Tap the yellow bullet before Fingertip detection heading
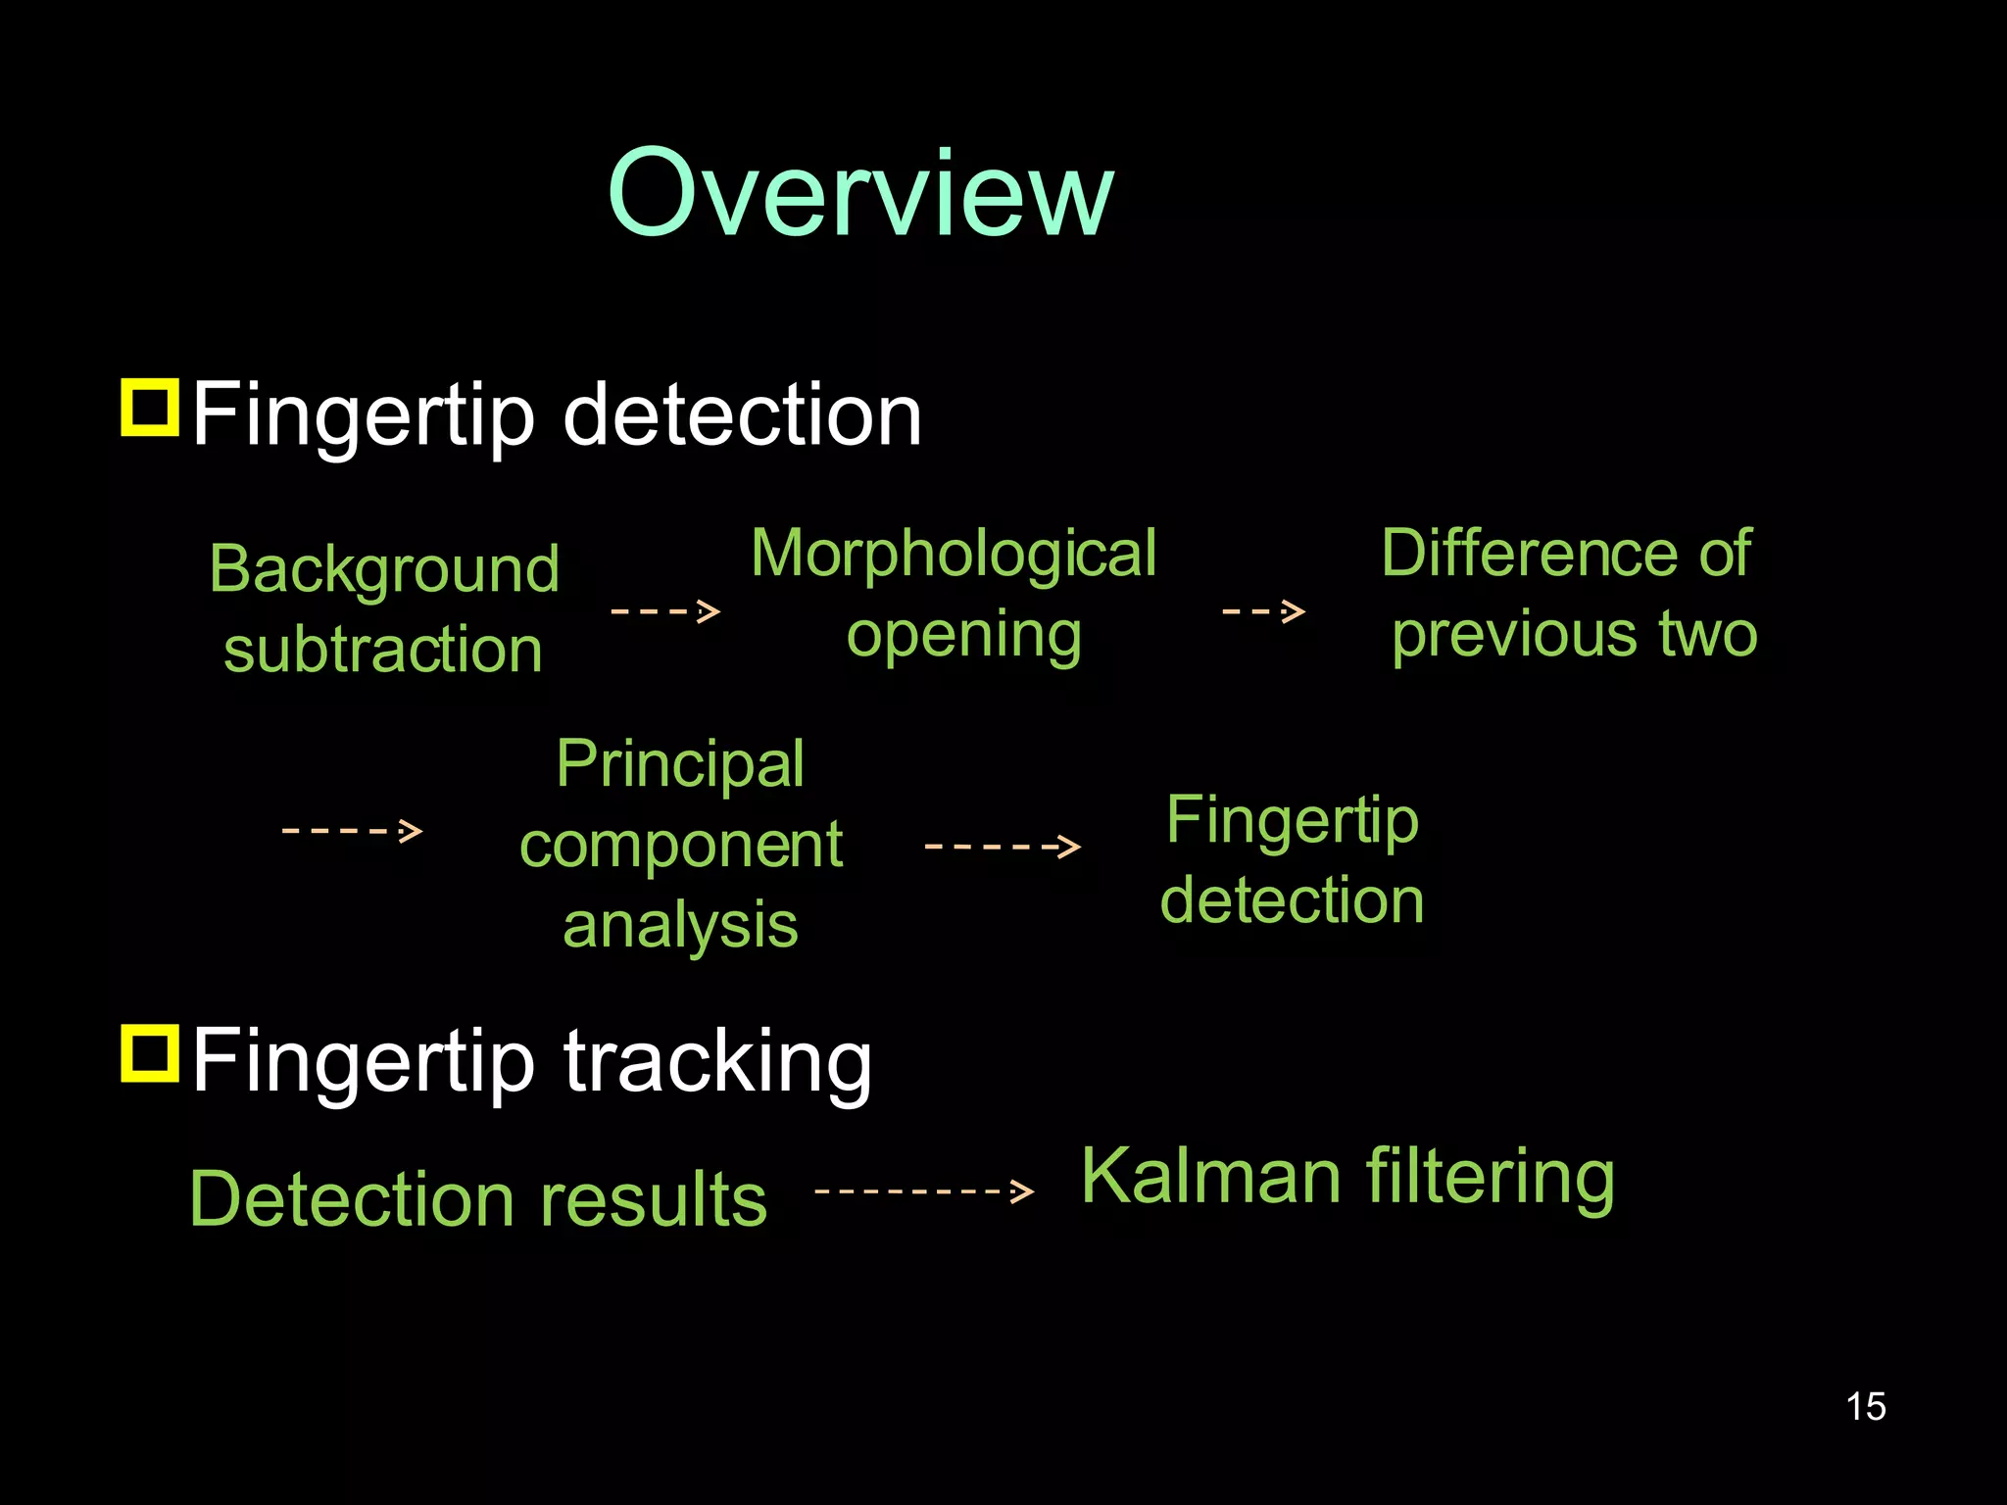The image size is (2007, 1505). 150,408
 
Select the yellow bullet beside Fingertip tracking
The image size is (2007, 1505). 150,1053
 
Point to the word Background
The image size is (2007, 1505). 384,570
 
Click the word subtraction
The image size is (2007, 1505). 383,650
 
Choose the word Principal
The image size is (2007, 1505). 680,764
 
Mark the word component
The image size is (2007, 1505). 680,845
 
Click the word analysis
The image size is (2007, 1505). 680,925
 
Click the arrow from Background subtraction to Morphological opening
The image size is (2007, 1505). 665,611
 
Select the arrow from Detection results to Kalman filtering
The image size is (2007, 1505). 924,1191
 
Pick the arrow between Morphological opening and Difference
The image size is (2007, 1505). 1263,611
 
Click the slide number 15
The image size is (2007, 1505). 1866,1406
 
